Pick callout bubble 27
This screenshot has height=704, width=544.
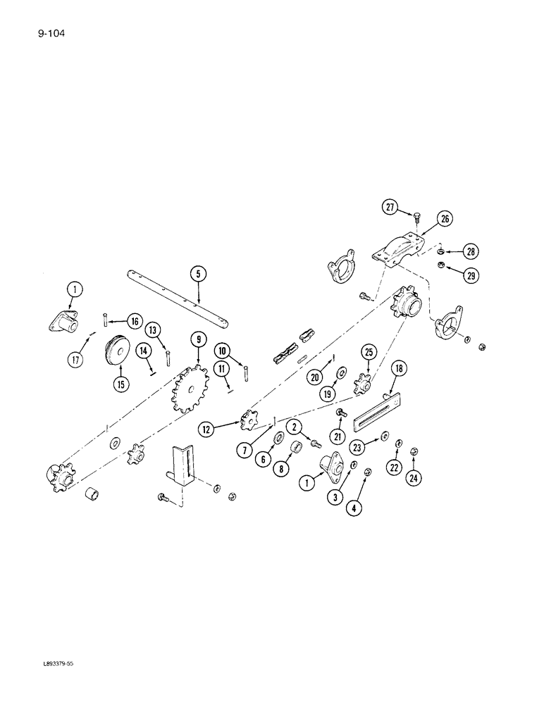tap(390, 207)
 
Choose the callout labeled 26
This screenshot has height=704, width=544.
tap(445, 219)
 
